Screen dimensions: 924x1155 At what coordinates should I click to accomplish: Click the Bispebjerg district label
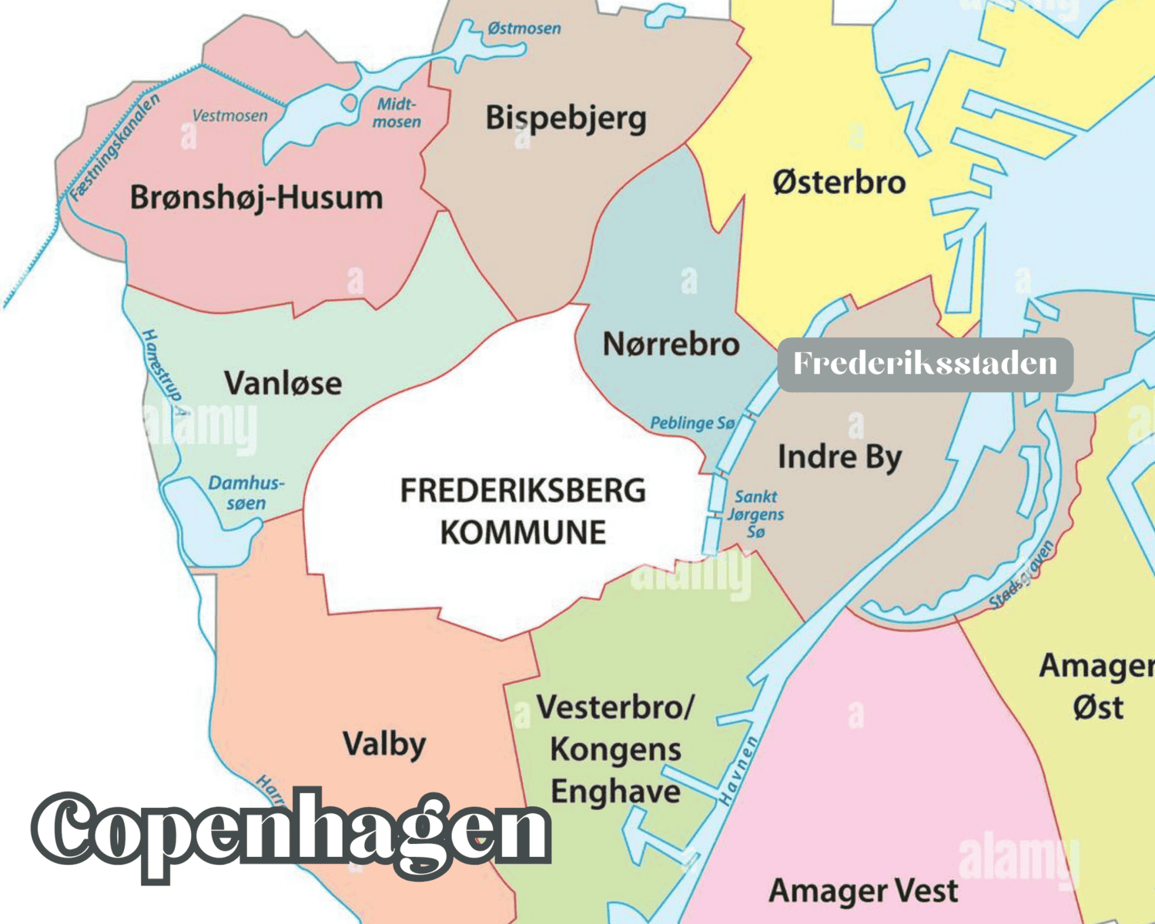[566, 119]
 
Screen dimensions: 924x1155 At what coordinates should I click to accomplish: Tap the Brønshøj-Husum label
[256, 197]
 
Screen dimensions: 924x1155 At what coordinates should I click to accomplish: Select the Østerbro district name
[839, 182]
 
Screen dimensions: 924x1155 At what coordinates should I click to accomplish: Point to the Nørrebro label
[671, 343]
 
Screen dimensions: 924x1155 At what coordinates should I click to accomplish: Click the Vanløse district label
[283, 383]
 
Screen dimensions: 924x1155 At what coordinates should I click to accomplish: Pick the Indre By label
[839, 457]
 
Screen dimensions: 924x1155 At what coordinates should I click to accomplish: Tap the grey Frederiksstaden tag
[925, 363]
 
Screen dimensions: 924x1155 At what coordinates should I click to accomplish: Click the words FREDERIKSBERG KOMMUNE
[523, 511]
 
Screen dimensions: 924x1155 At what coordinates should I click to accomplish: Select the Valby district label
[384, 744]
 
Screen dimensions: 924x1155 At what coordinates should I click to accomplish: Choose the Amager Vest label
[863, 891]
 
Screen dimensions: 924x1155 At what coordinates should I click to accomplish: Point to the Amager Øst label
[1097, 686]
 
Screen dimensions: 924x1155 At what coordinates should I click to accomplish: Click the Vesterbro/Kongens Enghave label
[615, 749]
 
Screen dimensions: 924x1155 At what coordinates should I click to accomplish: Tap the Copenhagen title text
[291, 832]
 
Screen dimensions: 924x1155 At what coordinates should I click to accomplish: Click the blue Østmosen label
[524, 28]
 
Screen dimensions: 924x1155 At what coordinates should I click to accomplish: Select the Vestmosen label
[229, 115]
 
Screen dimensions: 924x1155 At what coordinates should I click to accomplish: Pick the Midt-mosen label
[397, 112]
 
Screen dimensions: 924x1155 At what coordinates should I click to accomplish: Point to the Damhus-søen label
[246, 493]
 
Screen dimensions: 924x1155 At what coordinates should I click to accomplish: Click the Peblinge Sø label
[692, 423]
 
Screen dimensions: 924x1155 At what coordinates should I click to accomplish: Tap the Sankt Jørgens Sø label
[755, 514]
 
